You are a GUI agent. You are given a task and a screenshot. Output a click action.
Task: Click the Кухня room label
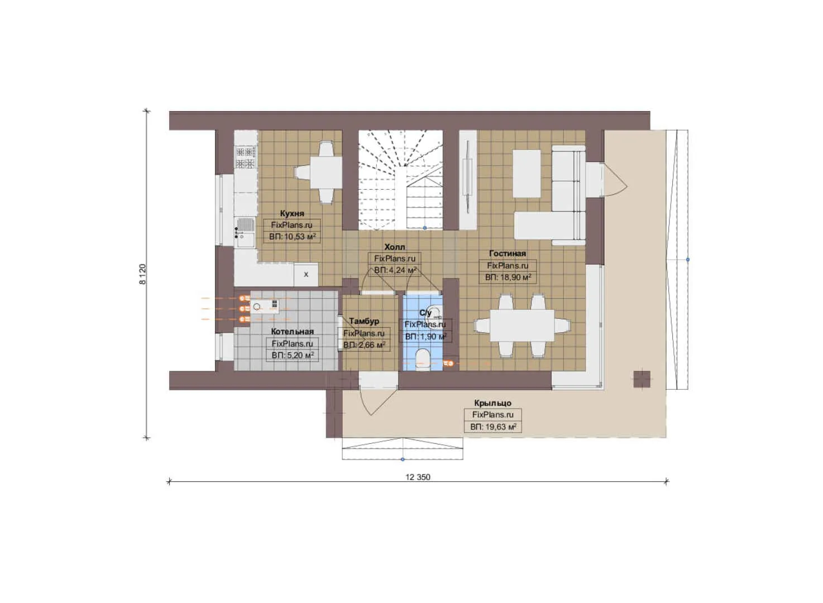[x=292, y=213]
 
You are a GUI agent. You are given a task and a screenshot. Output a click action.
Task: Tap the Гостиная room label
[x=508, y=253]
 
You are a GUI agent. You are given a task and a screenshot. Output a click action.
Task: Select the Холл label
[x=395, y=247]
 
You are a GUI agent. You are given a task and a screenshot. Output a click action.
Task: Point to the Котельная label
[x=293, y=332]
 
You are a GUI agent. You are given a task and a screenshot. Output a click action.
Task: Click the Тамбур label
[x=364, y=321]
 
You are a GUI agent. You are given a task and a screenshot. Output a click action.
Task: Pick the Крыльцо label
[x=492, y=403]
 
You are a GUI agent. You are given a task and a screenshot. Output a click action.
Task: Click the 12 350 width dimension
[x=418, y=477]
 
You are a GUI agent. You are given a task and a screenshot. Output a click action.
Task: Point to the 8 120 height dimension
[x=142, y=274]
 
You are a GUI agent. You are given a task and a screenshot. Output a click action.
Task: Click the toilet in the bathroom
[x=422, y=360]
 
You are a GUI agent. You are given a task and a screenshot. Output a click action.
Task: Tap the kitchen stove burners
[x=246, y=157]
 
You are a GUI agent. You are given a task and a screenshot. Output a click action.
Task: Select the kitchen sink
[x=245, y=233]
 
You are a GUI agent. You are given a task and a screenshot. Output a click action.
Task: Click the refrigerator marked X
[x=305, y=275]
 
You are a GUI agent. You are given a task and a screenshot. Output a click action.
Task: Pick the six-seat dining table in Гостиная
[x=522, y=326]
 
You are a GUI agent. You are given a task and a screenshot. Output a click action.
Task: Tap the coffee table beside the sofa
[x=527, y=174]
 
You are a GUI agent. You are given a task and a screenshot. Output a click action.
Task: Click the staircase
[x=400, y=180]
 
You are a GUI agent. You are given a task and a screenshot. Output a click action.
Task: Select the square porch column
[x=642, y=379]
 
